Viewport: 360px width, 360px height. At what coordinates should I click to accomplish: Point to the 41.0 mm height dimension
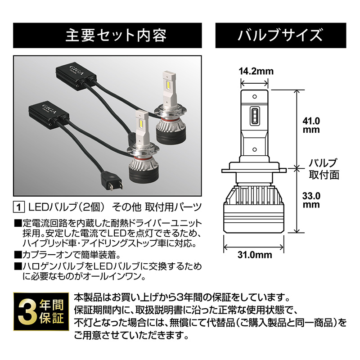point(311,126)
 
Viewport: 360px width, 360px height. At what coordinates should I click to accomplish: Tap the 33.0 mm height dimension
point(311,200)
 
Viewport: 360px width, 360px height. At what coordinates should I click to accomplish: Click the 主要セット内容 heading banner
point(110,35)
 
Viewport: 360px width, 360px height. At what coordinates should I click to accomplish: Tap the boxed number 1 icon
point(19,207)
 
